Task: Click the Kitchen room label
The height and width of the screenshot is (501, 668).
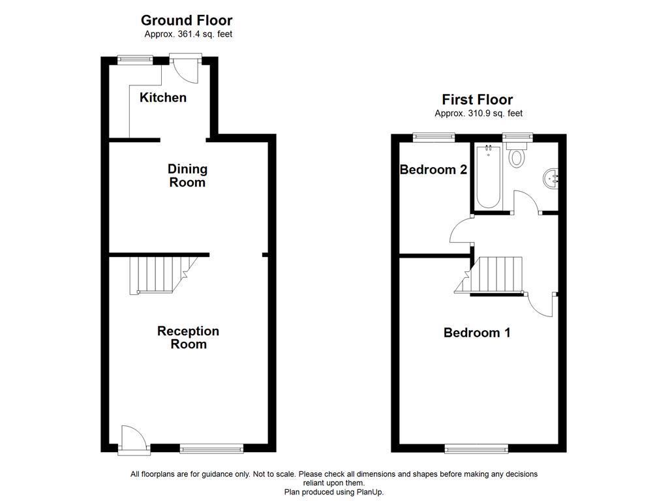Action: tap(163, 98)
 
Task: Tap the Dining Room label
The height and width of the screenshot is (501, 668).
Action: tap(187, 175)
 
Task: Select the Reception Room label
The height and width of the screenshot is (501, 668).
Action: tap(188, 337)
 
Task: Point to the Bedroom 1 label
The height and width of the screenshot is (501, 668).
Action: tap(477, 333)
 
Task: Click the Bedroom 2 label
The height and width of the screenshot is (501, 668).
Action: tap(433, 170)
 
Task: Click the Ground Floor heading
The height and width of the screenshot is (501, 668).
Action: tap(187, 21)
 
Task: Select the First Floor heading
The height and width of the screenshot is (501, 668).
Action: tap(477, 100)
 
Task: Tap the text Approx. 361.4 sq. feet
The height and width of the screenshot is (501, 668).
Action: tap(188, 35)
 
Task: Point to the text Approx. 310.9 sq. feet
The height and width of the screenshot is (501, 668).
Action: tap(478, 114)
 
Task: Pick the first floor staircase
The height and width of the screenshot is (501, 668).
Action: tap(496, 275)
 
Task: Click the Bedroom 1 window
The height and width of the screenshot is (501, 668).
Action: tap(476, 448)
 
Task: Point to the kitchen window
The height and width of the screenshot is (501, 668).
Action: tap(135, 59)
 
